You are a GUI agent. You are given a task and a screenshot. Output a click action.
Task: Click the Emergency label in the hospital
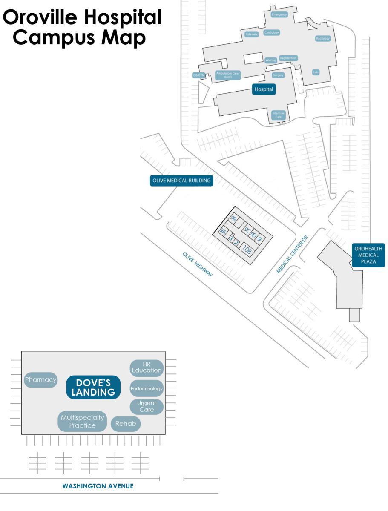click(x=279, y=14)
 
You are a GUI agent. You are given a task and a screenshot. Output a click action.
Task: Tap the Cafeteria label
click(x=252, y=34)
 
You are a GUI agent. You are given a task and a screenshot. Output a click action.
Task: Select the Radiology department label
click(x=323, y=38)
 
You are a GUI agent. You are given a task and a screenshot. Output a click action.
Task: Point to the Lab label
click(x=316, y=72)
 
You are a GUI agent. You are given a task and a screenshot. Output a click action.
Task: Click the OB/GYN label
click(x=199, y=75)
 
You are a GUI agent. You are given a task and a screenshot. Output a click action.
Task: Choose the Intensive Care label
click(x=278, y=115)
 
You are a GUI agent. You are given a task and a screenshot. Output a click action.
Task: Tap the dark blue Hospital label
click(x=264, y=89)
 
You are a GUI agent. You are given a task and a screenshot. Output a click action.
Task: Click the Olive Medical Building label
click(x=181, y=181)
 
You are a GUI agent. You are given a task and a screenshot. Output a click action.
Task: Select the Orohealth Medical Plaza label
click(x=368, y=255)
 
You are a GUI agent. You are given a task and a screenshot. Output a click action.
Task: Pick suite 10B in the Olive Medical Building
click(x=247, y=249)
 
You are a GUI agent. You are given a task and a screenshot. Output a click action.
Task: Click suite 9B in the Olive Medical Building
click(x=233, y=219)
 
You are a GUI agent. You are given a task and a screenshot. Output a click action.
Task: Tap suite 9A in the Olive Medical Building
click(x=223, y=233)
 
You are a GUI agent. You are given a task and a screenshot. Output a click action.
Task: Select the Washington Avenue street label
click(x=98, y=486)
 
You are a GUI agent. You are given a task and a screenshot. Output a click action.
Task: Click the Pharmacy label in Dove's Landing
click(x=40, y=380)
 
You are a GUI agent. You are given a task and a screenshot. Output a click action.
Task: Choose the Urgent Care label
click(x=147, y=406)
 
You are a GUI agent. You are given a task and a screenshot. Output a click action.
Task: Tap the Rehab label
click(x=126, y=424)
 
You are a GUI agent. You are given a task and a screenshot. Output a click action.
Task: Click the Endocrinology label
click(x=147, y=388)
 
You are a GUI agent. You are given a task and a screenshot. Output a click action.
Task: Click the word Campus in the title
click(x=50, y=38)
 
